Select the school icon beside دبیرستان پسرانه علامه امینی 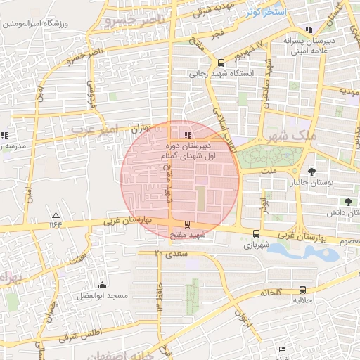(309, 30)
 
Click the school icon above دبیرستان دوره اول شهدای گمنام (187, 134)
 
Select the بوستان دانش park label (342, 211)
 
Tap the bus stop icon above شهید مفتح (186, 226)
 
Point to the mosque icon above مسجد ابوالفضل (103, 285)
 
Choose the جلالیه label (302, 300)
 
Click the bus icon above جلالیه (302, 290)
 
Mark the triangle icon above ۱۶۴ (56, 215)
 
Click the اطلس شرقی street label (107, 330)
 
